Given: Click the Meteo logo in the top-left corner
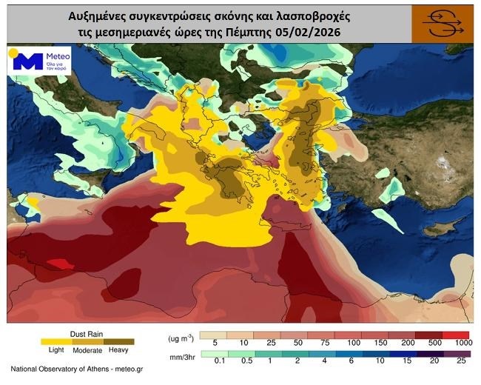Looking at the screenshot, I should [38, 61].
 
